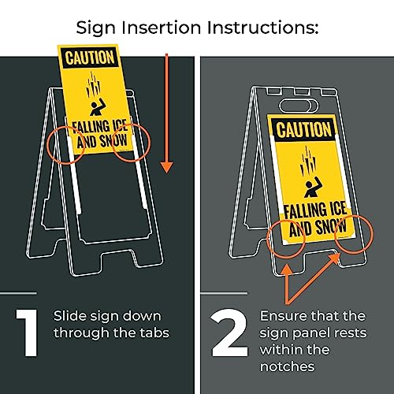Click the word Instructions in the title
[x=262, y=28]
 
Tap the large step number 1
[x=28, y=333]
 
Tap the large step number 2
[x=229, y=333]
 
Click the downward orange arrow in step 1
[x=166, y=113]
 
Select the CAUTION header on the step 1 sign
[x=90, y=58]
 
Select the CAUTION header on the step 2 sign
[x=304, y=129]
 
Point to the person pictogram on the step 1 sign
[x=98, y=107]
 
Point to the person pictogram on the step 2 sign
[x=313, y=187]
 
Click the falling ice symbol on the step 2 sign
[x=307, y=161]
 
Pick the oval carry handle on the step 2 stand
[x=298, y=106]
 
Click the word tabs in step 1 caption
[x=154, y=333]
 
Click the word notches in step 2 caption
[x=288, y=366]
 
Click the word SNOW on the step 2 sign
[x=331, y=227]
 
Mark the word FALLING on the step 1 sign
[x=88, y=128]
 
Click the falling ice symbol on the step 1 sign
[x=93, y=84]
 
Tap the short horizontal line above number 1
[x=18, y=293]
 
